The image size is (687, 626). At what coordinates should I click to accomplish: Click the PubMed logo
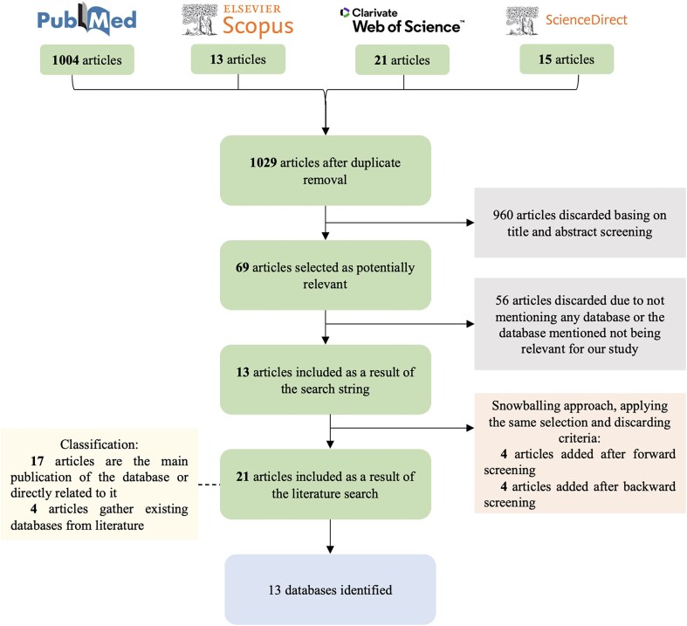86,19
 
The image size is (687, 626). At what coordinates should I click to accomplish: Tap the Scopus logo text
258,26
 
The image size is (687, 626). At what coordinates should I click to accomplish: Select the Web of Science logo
402,21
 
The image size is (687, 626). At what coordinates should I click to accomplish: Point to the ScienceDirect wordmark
587,20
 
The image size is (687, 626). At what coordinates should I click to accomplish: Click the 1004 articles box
87,59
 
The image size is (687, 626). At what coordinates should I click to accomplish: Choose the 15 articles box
567,59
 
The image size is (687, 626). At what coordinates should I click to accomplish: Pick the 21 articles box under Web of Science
402,59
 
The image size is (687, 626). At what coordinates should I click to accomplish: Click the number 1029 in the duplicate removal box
263,162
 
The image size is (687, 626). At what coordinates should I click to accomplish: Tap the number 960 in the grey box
503,215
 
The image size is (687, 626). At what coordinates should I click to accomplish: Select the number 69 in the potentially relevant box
243,267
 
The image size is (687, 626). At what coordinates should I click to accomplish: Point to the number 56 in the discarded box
502,300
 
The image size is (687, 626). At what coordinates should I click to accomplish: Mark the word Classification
99,444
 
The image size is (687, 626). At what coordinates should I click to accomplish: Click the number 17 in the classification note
38,461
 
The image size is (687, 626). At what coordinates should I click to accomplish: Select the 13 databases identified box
330,589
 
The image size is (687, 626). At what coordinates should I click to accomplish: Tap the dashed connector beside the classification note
209,485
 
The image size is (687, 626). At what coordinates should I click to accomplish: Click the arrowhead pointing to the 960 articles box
471,223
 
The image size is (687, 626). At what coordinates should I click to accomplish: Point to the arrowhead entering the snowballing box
471,428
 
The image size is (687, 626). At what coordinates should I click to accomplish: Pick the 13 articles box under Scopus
238,59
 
